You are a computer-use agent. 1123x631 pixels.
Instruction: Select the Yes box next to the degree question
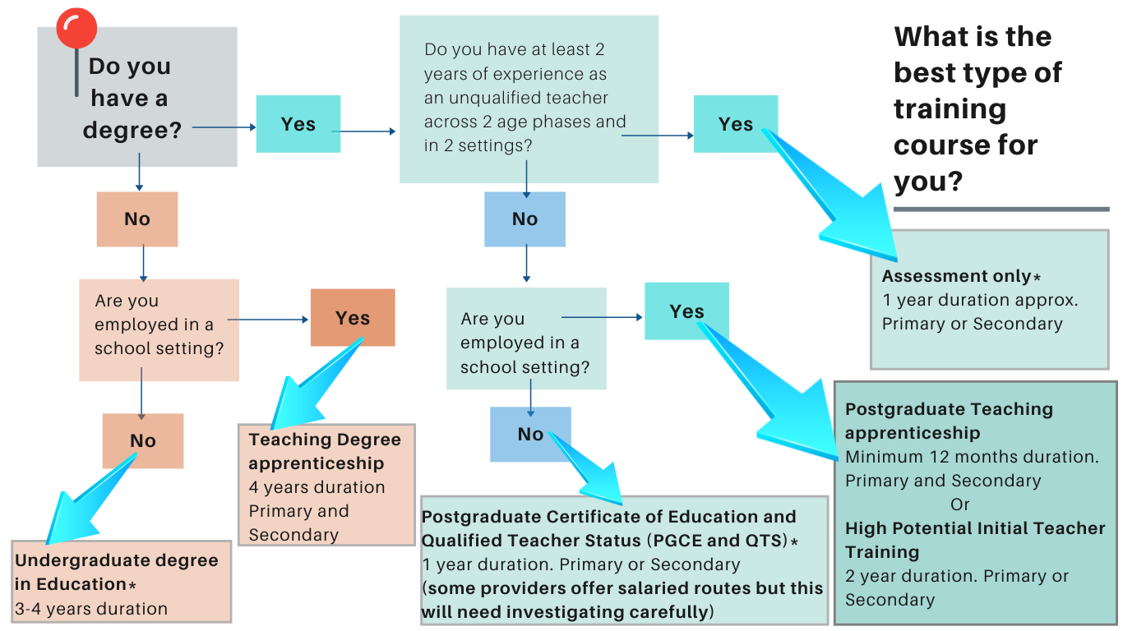click(x=298, y=124)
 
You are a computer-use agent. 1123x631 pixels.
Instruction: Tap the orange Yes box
click(x=352, y=318)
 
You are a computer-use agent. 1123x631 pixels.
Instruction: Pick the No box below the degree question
click(x=136, y=219)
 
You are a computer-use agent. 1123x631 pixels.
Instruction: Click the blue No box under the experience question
click(x=525, y=219)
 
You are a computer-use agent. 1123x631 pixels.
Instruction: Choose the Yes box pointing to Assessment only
click(x=735, y=124)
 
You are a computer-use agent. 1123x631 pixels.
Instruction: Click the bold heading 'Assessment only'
click(x=956, y=276)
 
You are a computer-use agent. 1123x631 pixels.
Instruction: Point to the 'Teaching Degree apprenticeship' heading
click(x=325, y=451)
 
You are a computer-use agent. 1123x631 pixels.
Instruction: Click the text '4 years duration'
click(x=317, y=487)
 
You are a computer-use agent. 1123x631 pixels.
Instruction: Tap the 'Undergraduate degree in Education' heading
click(x=116, y=572)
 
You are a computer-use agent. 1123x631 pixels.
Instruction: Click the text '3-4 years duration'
click(x=90, y=609)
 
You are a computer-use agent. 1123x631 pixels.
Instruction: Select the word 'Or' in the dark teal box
click(x=959, y=504)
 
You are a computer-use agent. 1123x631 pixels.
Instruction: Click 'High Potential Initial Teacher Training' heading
click(x=974, y=540)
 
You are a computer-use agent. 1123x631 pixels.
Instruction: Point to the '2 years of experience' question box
click(x=528, y=99)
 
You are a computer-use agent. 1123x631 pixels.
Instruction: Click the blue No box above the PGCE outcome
click(x=530, y=434)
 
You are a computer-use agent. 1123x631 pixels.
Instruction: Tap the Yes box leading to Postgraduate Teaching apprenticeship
click(x=686, y=311)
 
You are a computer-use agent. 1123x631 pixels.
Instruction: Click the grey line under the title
click(x=1001, y=210)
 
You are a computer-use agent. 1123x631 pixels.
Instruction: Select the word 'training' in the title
click(x=950, y=109)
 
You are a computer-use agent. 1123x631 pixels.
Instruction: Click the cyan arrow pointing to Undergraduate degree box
click(x=82, y=504)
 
